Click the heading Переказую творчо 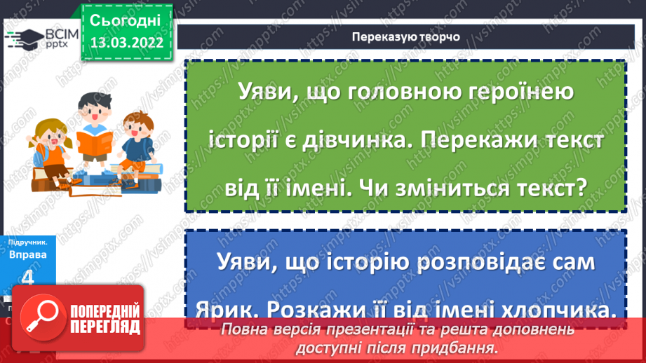(x=407, y=37)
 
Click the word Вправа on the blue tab (x=28, y=254)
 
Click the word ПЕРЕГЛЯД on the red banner (x=104, y=327)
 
